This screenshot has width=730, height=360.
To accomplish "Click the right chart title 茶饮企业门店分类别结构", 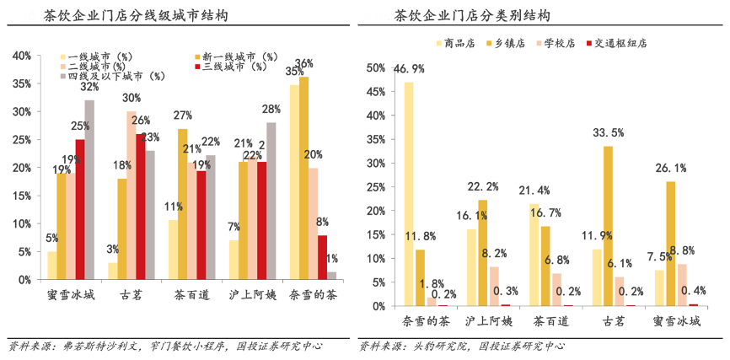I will [473, 16].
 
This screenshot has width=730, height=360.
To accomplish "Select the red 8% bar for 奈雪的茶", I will [322, 257].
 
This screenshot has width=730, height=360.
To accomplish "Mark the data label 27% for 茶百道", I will [183, 116].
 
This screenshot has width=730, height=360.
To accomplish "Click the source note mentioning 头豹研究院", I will [462, 346].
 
